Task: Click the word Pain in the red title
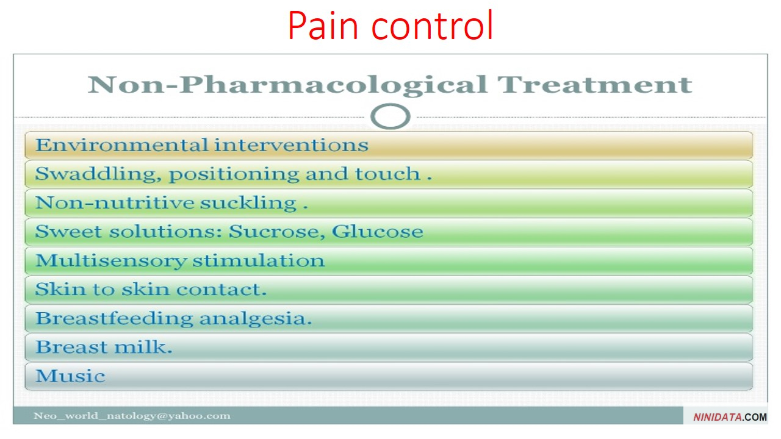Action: click(x=323, y=25)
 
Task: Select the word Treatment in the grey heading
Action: click(x=594, y=85)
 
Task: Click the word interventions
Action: click(x=291, y=145)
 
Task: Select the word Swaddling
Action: click(x=98, y=174)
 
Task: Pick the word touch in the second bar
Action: click(x=387, y=174)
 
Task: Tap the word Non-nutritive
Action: click(x=115, y=202)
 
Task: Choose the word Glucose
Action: click(x=378, y=231)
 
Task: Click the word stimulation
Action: click(x=258, y=260)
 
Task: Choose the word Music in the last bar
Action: click(x=70, y=376)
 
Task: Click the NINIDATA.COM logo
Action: click(x=730, y=417)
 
